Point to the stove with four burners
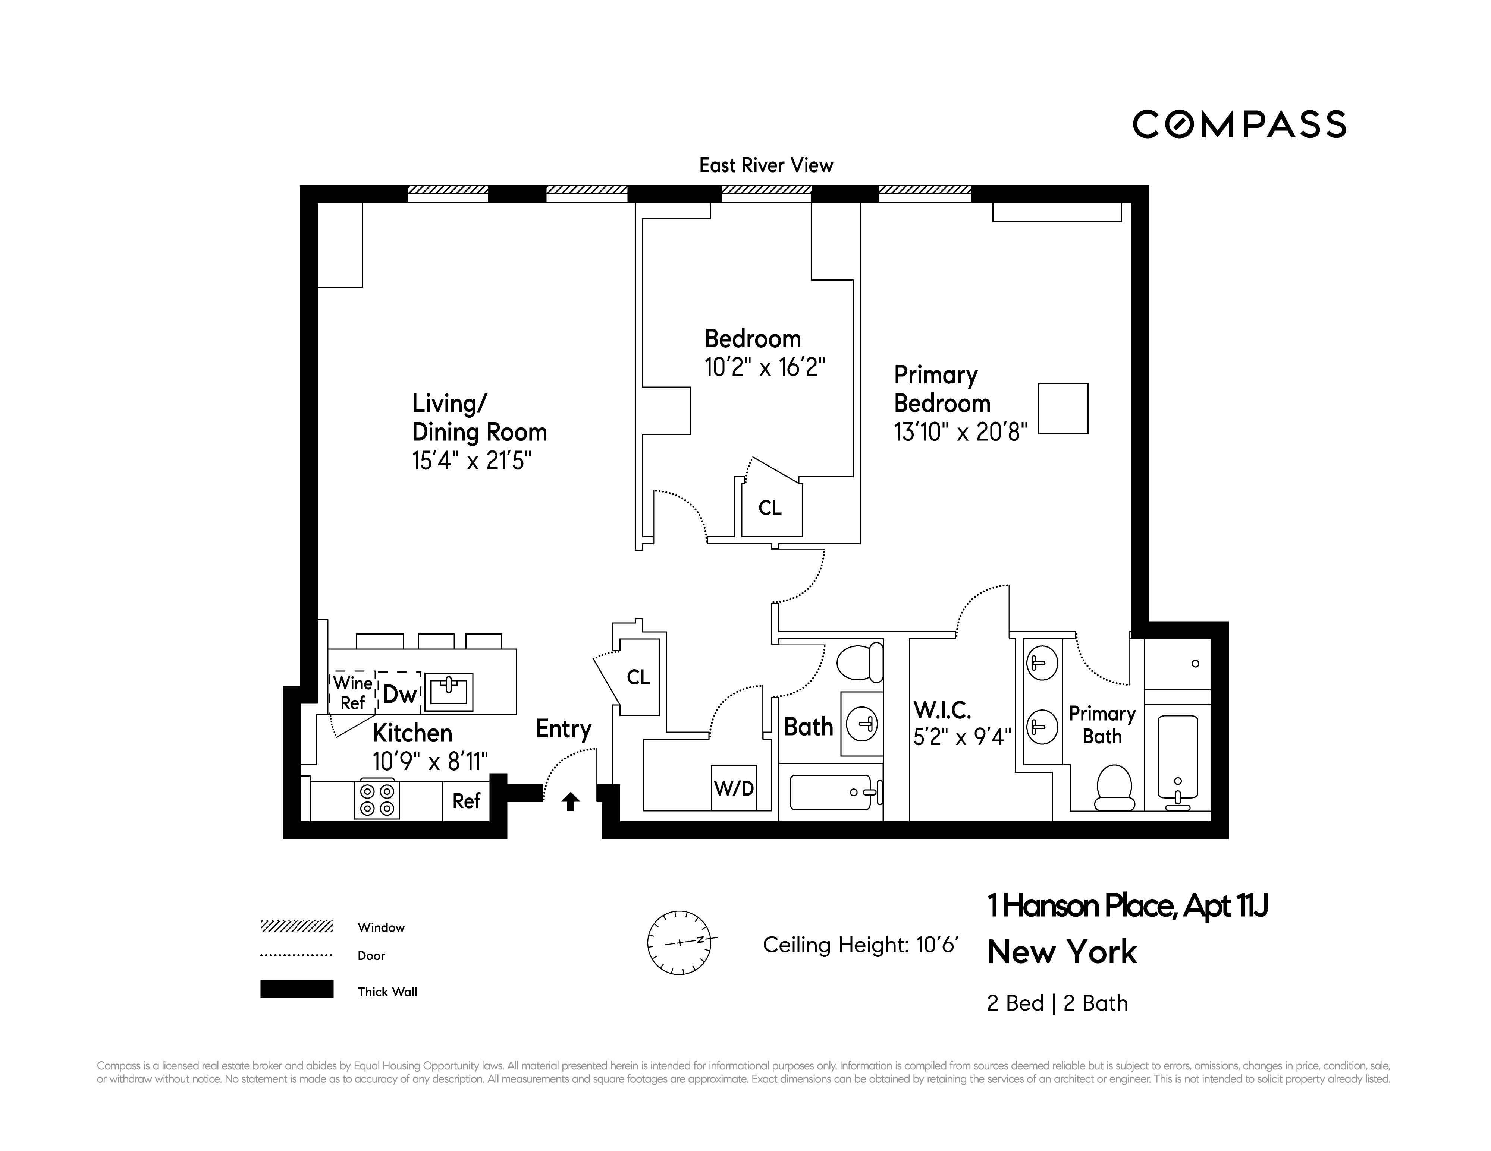377,800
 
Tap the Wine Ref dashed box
352,693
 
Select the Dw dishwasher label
399,695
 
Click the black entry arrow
571,801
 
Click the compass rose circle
679,942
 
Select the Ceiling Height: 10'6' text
860,945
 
